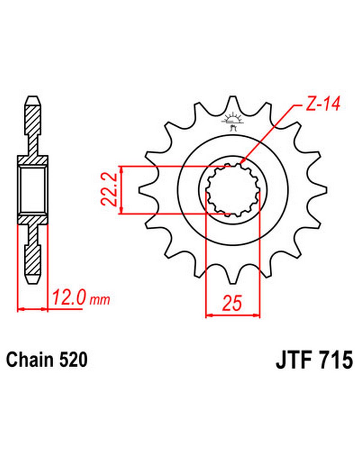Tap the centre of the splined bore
(233, 190)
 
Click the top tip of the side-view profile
(33, 96)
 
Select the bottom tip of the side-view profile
(33, 283)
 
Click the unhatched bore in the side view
(33, 190)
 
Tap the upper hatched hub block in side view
(33, 160)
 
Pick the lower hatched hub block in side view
(33, 220)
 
